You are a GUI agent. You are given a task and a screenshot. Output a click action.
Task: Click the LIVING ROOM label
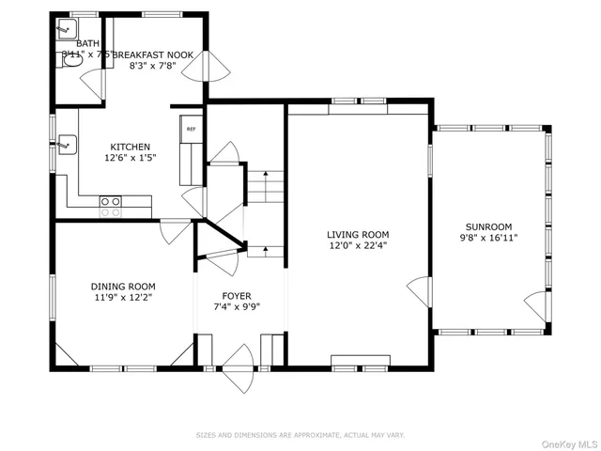pos(358,235)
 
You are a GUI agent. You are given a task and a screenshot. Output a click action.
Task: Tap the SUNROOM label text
pos(488,226)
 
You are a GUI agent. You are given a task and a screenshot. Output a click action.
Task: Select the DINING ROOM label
pos(123,287)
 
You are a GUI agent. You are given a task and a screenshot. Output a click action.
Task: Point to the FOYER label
pos(237,295)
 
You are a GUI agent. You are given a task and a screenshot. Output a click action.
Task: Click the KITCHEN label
pos(131,148)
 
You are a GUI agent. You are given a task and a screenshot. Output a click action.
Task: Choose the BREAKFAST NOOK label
pos(154,55)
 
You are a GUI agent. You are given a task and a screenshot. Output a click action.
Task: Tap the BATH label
pos(87,44)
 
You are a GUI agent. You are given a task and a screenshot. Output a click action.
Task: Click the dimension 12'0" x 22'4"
pos(358,246)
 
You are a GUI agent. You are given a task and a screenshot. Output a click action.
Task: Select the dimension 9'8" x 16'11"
pos(488,238)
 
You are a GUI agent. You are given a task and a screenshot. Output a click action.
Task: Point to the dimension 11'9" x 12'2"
pos(123,297)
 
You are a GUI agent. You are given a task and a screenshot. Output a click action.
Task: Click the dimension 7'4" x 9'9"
pos(237,305)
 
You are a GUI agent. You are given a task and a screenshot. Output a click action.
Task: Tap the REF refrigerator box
pos(191,129)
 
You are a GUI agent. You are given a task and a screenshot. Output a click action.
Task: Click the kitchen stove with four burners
pos(111,200)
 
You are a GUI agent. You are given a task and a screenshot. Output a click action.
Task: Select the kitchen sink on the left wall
pos(66,145)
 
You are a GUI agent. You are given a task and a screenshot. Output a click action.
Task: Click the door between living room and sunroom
pos(421,292)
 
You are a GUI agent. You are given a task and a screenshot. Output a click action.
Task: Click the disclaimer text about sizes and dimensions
pos(300,435)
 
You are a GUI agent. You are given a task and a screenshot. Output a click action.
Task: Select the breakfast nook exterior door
pos(216,64)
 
